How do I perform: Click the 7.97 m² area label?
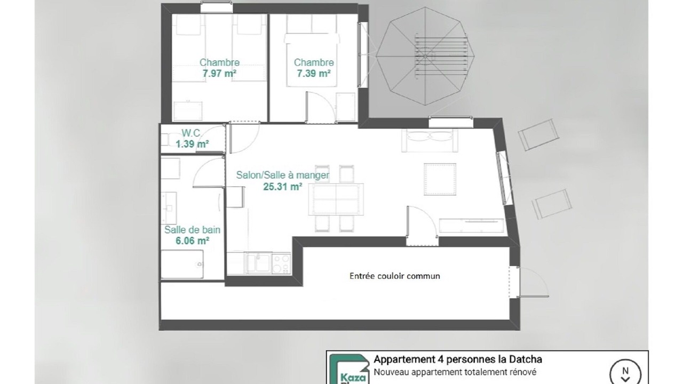tap(219, 74)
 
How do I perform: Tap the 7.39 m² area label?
tap(314, 74)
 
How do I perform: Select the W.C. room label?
tap(191, 133)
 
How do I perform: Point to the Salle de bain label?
tap(193, 230)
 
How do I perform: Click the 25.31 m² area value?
tap(283, 187)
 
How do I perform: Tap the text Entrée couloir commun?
tap(395, 276)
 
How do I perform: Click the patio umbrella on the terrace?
tap(425, 57)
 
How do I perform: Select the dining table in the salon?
tap(336, 199)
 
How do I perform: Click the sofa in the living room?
tap(430, 140)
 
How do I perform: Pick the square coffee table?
tap(440, 179)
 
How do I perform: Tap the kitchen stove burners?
tap(281, 263)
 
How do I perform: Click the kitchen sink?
tap(258, 263)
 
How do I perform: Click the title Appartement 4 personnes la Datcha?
tap(458, 359)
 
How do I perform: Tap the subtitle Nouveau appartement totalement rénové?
tap(455, 372)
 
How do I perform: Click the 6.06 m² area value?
tap(193, 241)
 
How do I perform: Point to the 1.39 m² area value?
tap(193, 144)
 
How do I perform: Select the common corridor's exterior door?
tap(528, 282)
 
